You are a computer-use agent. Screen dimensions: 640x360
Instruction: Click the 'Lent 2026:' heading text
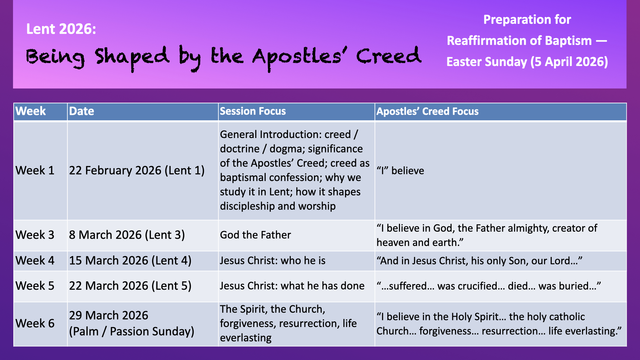[x=61, y=29]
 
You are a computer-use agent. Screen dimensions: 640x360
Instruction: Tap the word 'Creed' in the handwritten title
[x=389, y=56]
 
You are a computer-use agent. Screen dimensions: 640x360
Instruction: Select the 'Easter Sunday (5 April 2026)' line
[x=527, y=62]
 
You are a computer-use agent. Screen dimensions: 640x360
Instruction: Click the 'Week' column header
[x=31, y=111]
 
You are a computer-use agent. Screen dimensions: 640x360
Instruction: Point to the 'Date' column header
[x=82, y=111]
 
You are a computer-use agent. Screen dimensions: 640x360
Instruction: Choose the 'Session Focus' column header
[x=253, y=111]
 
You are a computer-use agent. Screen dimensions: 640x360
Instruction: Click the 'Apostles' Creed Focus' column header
[x=428, y=111]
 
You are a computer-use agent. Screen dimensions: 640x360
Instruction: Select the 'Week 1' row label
[x=35, y=170]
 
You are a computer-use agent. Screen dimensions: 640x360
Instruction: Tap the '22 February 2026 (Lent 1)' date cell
[x=137, y=170]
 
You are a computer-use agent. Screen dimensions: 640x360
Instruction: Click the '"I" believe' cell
[x=400, y=171]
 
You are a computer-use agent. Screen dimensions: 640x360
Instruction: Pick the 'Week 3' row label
[x=35, y=235]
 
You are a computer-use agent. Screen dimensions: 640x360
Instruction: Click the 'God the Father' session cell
[x=256, y=235]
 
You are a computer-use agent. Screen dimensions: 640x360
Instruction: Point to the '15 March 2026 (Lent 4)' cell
[x=130, y=260]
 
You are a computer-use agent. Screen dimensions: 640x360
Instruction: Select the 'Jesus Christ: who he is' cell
[x=273, y=260]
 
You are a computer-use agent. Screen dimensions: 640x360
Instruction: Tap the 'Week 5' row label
[x=35, y=286]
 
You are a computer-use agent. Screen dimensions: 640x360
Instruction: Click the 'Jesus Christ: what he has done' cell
[x=292, y=286]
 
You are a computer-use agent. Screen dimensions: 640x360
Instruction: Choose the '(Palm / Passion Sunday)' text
[x=132, y=331]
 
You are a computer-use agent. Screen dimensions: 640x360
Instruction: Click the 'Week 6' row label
[x=35, y=323]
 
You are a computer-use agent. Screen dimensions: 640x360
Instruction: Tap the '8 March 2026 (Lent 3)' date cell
[x=127, y=235]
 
